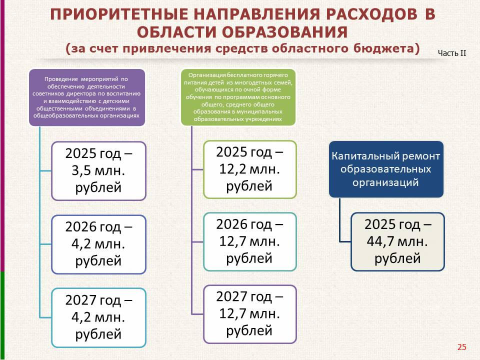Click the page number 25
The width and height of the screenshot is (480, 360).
click(x=461, y=347)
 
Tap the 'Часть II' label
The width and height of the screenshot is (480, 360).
click(x=452, y=53)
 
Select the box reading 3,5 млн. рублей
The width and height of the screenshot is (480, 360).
click(x=98, y=171)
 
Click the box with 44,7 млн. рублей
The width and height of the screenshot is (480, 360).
click(x=397, y=241)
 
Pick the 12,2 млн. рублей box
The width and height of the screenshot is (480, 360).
click(x=250, y=169)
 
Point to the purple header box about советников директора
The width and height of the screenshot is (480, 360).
click(x=87, y=97)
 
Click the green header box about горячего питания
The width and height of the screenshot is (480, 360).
click(x=238, y=97)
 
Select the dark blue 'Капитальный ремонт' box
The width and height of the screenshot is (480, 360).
click(x=386, y=169)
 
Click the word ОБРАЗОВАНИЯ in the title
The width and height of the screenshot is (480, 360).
click(x=284, y=32)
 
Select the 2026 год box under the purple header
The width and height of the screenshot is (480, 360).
click(x=98, y=244)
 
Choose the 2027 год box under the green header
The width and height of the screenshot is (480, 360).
click(x=250, y=314)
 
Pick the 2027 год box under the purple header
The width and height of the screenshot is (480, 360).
click(x=98, y=317)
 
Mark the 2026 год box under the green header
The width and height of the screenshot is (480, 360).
click(x=250, y=242)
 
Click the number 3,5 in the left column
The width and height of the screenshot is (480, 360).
click(x=81, y=171)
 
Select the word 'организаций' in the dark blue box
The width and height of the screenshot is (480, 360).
click(x=385, y=182)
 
